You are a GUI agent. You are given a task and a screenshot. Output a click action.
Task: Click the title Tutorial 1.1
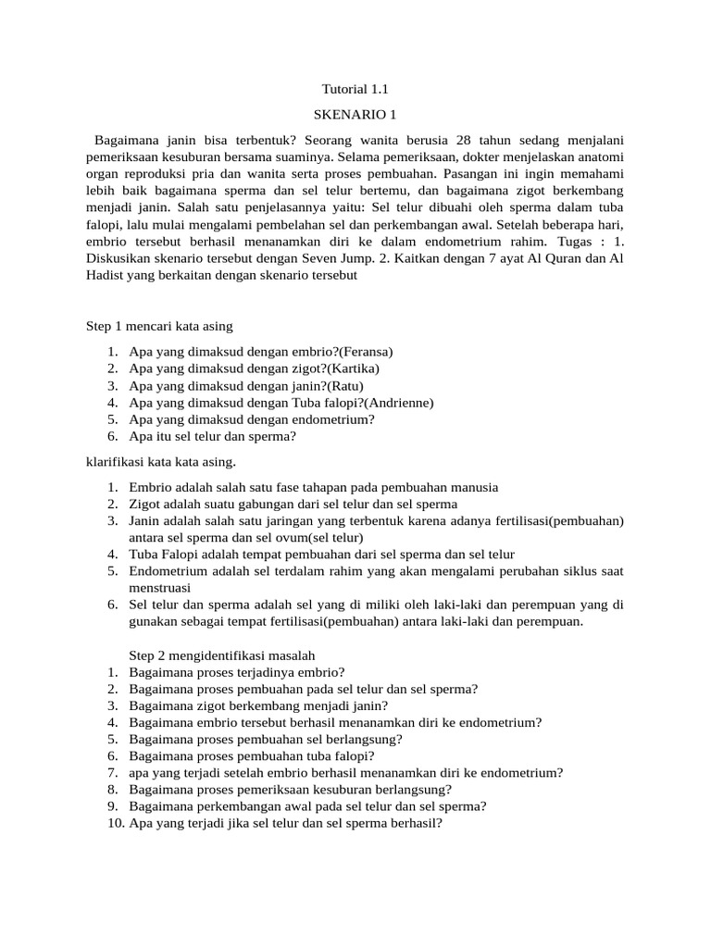[x=356, y=90]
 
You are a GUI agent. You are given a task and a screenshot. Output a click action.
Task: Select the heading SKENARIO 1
[x=355, y=115]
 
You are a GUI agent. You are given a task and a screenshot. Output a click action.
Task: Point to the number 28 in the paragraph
[x=465, y=140]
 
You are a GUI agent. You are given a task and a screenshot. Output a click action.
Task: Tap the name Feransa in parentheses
[x=367, y=352]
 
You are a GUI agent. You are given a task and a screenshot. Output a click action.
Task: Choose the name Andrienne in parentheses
[x=399, y=403]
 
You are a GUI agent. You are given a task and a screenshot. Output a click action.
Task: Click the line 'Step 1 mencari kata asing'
[x=159, y=326]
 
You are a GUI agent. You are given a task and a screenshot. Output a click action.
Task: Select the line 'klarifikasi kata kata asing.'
[x=161, y=461]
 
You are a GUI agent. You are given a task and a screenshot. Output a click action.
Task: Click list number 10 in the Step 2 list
[x=116, y=823]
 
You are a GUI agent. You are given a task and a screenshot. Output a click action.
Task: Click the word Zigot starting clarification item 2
[x=145, y=504]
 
